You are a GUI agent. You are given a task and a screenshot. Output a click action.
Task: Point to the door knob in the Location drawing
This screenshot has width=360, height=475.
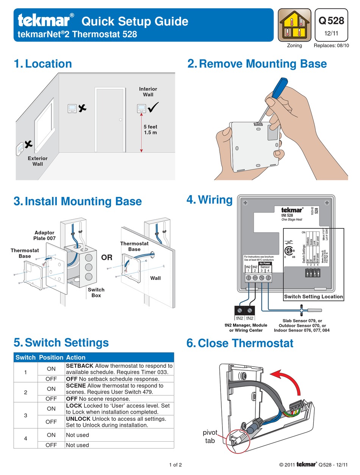click(121, 120)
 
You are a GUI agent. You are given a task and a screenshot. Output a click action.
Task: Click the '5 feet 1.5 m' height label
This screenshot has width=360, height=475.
click(150, 130)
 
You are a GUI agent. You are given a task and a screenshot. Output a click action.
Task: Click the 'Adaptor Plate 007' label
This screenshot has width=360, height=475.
click(45, 235)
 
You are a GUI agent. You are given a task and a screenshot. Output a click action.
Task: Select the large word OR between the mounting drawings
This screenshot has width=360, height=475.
click(107, 258)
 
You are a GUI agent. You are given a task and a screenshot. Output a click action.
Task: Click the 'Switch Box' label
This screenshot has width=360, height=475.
click(96, 292)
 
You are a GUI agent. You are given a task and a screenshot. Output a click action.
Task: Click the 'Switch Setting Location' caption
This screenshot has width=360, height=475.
click(313, 297)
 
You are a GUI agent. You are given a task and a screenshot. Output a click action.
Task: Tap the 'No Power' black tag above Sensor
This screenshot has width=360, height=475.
click(265, 263)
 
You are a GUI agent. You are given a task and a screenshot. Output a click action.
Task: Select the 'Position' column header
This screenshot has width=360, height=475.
click(51, 357)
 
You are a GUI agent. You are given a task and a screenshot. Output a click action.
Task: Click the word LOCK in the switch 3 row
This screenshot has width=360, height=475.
click(74, 406)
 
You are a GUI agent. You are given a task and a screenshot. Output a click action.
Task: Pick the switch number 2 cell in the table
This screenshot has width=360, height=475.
click(25, 392)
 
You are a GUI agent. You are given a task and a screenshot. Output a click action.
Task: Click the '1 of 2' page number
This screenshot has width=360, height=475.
click(175, 465)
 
